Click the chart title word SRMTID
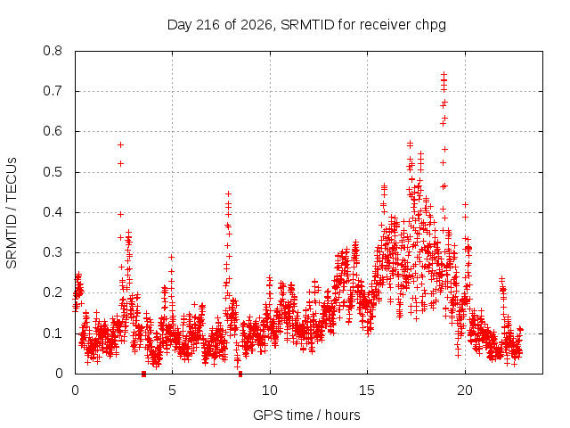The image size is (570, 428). [307, 25]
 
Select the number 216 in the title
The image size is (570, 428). [208, 25]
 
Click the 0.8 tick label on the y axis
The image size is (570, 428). [53, 51]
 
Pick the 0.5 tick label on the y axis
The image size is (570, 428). [53, 172]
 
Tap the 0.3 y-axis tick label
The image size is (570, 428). [53, 252]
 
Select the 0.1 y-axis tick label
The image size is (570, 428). [53, 333]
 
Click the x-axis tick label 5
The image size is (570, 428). [172, 391]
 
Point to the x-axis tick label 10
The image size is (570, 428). [270, 391]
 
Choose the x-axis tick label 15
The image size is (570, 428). [367, 391]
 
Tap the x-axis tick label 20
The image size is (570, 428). [465, 391]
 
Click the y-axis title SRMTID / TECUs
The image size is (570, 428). [12, 213]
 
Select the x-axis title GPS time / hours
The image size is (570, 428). [306, 415]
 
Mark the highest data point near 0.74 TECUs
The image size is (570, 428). [444, 74]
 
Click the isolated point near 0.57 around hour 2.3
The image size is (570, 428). [121, 144]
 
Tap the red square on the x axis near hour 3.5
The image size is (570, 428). [143, 374]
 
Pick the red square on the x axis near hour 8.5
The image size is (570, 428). [240, 374]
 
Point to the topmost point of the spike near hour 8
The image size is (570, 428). [228, 193]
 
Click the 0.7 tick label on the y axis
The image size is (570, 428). [53, 91]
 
